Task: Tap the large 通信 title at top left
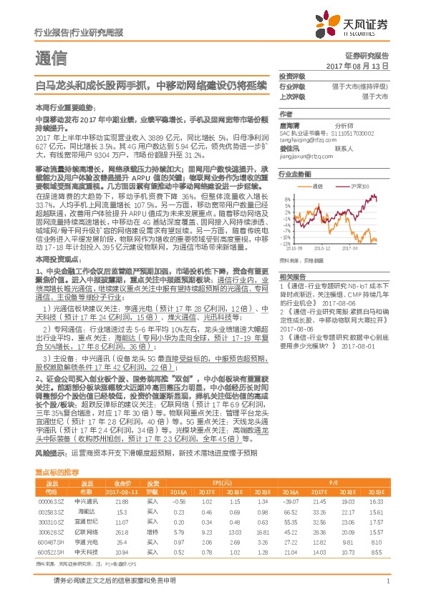pyautogui.click(x=52, y=57)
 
